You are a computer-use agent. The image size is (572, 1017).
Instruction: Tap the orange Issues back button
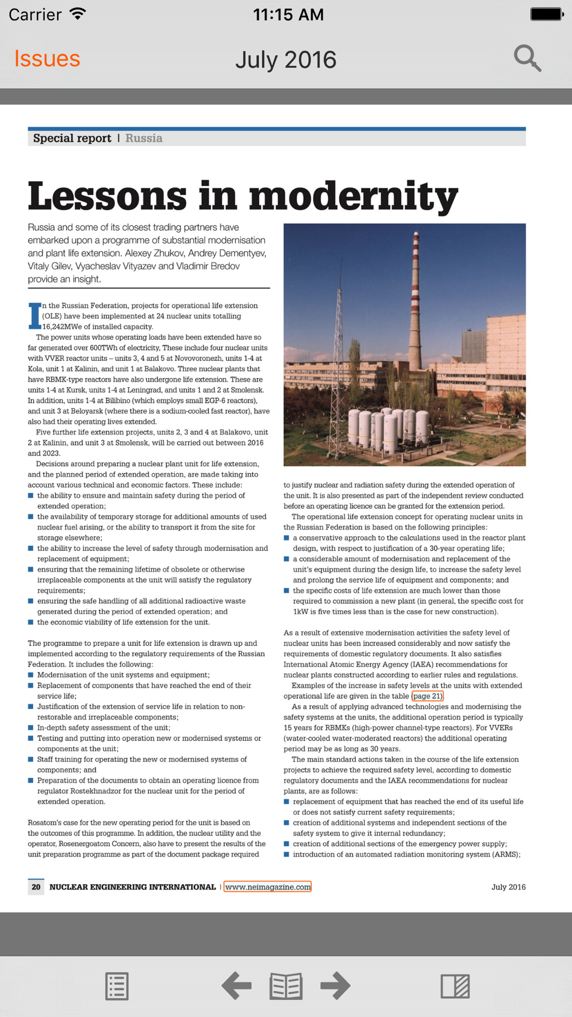tap(47, 59)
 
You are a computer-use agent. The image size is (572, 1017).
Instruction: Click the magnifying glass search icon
tap(527, 58)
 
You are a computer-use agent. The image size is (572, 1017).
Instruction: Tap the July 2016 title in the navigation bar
tap(285, 60)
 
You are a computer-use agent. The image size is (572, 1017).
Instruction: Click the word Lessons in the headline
tap(108, 196)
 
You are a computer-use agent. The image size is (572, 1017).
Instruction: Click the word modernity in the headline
tap(353, 196)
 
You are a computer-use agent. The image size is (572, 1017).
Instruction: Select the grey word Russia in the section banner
tap(144, 138)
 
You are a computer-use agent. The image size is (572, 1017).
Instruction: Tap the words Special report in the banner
tap(72, 138)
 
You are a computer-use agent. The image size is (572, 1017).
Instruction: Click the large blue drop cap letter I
tap(35, 316)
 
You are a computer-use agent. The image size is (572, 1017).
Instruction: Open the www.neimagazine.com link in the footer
tap(267, 887)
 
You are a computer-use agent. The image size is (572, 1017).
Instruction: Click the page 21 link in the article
tap(427, 696)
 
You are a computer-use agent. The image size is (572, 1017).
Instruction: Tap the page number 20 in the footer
tap(36, 887)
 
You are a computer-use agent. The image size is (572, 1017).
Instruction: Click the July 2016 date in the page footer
tap(508, 887)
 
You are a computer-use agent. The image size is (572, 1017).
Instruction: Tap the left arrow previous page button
tap(236, 986)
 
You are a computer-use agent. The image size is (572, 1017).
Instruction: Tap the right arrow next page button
tap(335, 986)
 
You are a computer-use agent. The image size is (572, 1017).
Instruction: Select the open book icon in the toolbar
tap(286, 986)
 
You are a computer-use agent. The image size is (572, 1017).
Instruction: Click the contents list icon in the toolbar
tap(117, 986)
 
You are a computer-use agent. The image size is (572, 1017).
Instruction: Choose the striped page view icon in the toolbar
tap(455, 986)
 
